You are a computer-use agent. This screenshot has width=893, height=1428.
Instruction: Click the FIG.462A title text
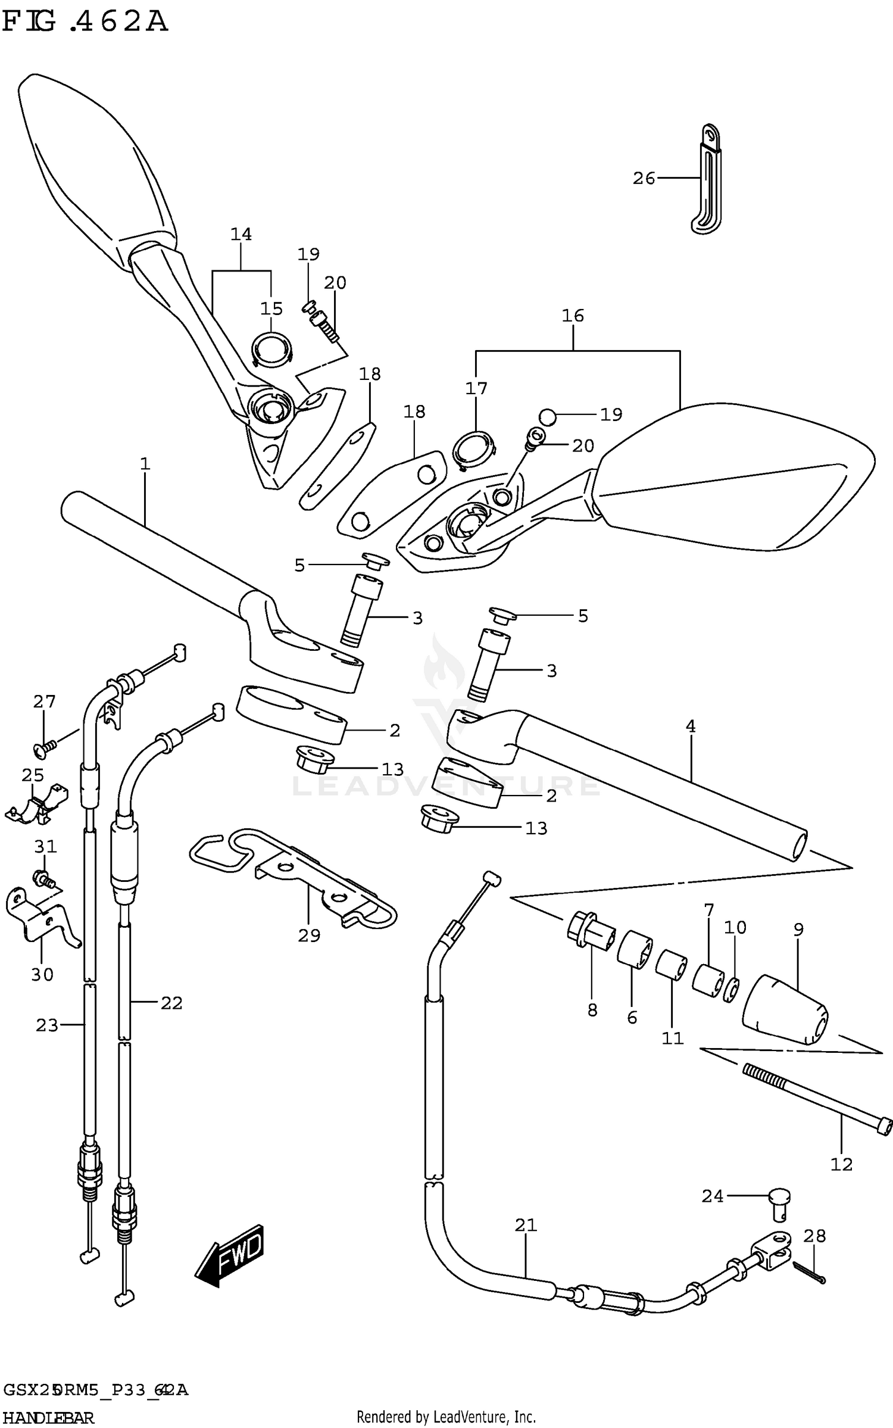click(x=85, y=22)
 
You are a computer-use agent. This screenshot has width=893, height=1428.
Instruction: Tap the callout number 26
click(x=644, y=178)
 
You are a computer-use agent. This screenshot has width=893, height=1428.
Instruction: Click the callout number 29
click(x=309, y=936)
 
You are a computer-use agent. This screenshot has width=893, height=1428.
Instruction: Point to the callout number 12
click(x=841, y=1164)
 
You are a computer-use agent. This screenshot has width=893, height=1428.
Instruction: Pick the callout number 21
click(x=526, y=1226)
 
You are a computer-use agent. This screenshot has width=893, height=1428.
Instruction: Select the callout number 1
click(x=145, y=464)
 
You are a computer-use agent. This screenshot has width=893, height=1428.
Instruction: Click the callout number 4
click(x=691, y=727)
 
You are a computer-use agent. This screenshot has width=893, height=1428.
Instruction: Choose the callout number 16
click(x=573, y=316)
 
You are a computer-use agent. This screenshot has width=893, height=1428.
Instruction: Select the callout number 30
click(x=42, y=975)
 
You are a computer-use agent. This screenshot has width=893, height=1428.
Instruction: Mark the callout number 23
click(x=47, y=1025)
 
